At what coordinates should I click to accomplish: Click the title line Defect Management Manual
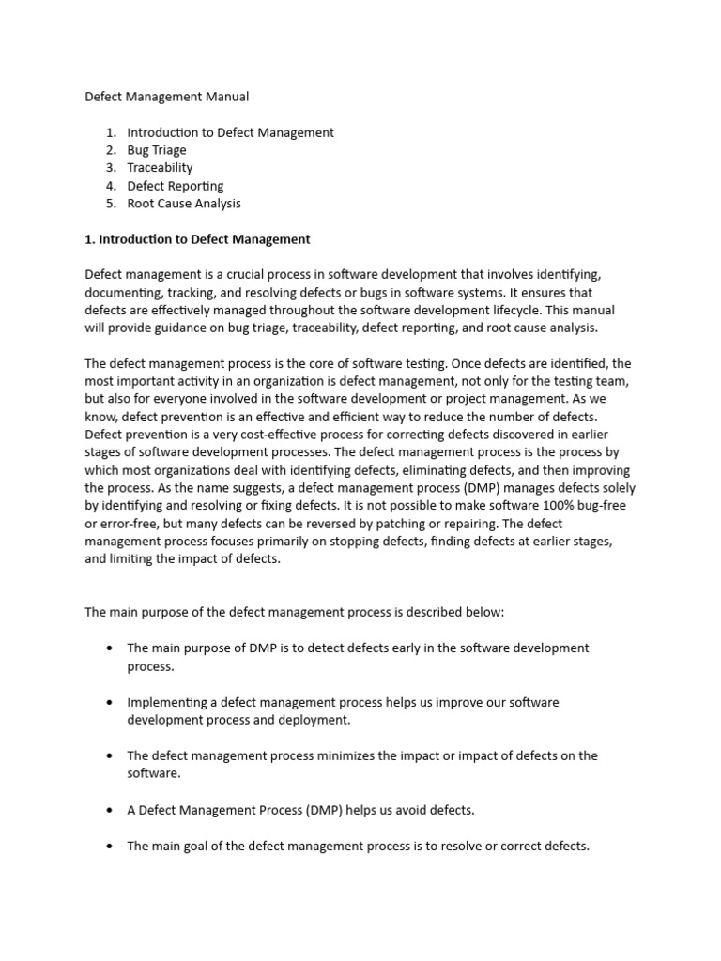(167, 97)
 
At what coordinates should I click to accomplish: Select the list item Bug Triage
(157, 150)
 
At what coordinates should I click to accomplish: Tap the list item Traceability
(160, 168)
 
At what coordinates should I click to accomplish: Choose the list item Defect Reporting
(176, 186)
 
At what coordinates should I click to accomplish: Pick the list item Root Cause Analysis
(184, 204)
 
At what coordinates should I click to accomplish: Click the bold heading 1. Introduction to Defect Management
(197, 239)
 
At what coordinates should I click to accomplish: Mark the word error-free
(130, 524)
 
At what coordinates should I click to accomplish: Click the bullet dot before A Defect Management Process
(110, 810)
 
